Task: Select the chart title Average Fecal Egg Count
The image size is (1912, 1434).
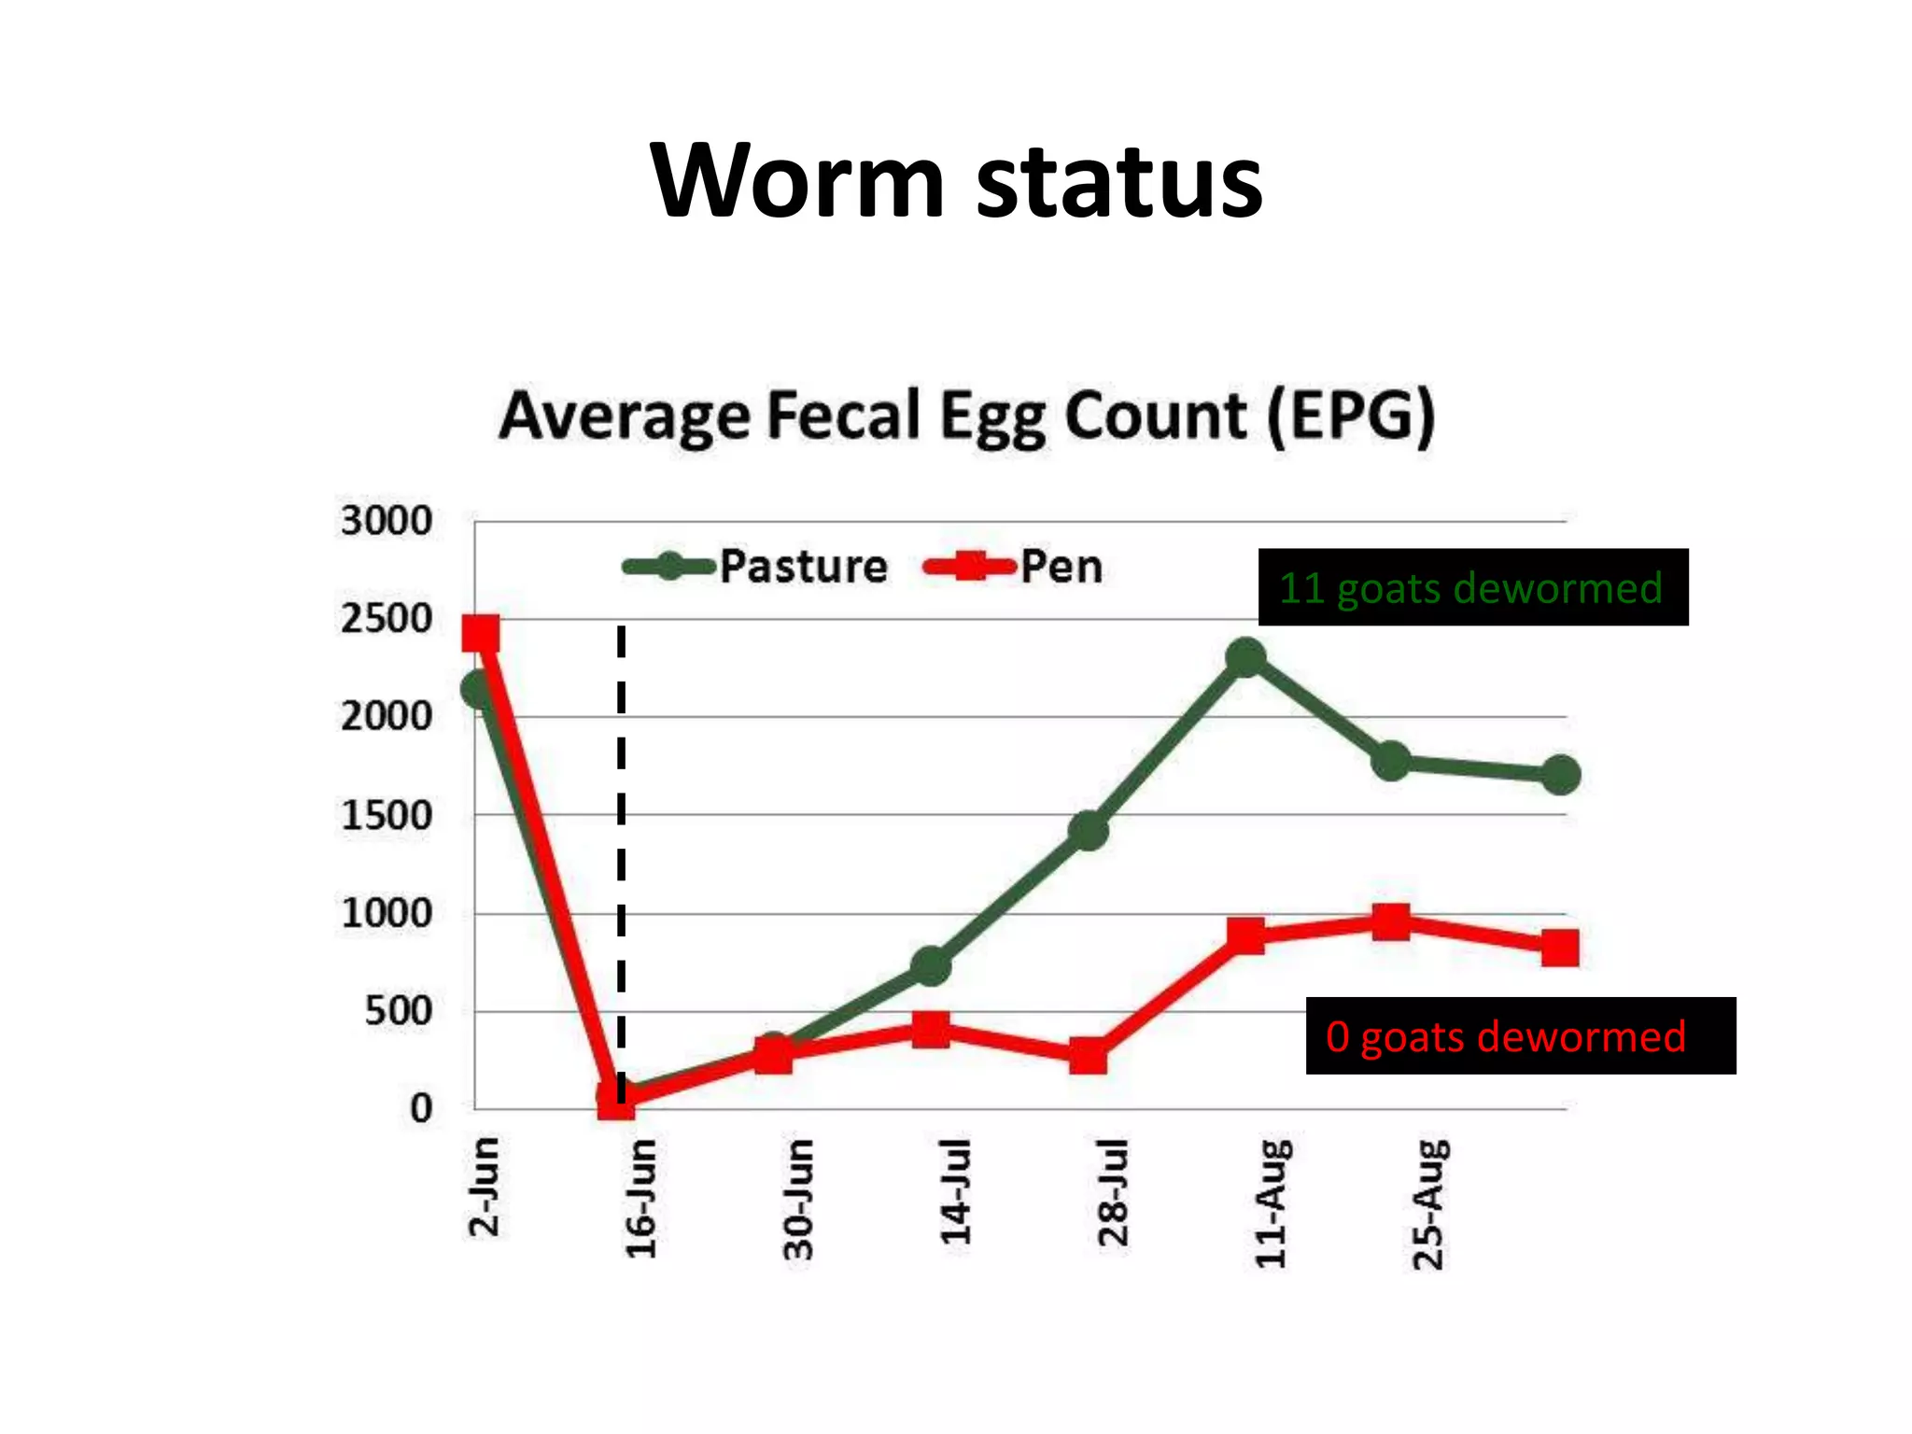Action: (966, 416)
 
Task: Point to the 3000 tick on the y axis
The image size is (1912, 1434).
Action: (386, 521)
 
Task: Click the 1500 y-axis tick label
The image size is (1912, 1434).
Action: (386, 816)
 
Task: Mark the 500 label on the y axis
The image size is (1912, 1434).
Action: (397, 1011)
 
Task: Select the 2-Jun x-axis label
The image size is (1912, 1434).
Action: (484, 1187)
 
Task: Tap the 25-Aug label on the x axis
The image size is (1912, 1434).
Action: (1429, 1204)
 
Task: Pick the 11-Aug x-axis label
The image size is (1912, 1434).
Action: (1272, 1204)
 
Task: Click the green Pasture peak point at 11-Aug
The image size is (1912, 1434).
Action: (1246, 658)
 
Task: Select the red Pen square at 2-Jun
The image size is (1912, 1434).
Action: (481, 634)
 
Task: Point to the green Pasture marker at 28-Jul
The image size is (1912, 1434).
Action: (1089, 829)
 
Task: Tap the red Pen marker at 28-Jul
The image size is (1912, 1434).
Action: (1089, 1056)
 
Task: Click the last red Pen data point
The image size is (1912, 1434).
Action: (1560, 948)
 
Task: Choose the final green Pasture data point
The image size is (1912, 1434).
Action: (1560, 775)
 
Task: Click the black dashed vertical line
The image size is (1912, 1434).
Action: (621, 840)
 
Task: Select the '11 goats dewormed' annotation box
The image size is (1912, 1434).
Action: (1473, 587)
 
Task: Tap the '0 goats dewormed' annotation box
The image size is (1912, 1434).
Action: (1520, 1035)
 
